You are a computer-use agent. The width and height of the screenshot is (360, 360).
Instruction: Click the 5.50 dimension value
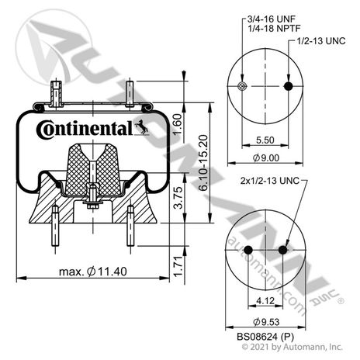pyautogui.click(x=265, y=140)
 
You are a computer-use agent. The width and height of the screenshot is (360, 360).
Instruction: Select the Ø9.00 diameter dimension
pyautogui.click(x=266, y=157)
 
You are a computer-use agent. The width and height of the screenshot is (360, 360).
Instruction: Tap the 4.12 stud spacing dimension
pyautogui.click(x=265, y=300)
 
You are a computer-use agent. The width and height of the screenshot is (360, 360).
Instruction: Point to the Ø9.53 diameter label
pyautogui.click(x=266, y=322)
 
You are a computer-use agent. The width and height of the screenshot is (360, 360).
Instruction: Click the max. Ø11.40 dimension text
pyautogui.click(x=93, y=272)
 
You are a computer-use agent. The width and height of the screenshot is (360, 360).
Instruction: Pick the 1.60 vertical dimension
pyautogui.click(x=178, y=125)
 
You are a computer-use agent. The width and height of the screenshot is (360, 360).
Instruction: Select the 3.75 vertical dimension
pyautogui.click(x=178, y=198)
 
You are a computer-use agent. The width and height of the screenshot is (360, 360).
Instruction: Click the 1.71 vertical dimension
pyautogui.click(x=178, y=266)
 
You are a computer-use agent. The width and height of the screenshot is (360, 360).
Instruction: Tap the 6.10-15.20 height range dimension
pyautogui.click(x=203, y=163)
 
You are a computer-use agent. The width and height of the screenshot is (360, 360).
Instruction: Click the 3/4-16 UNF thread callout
pyautogui.click(x=272, y=19)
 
